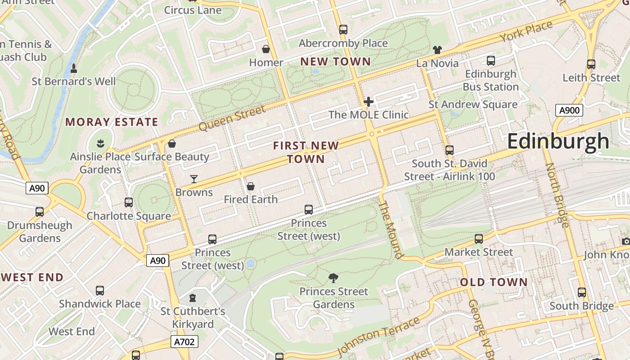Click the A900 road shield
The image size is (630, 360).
tap(569, 110)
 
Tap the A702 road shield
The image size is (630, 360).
tap(184, 342)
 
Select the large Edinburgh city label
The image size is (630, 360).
tap(558, 141)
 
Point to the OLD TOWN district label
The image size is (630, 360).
tap(494, 283)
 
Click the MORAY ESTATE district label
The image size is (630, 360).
tap(112, 122)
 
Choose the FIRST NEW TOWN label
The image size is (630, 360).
tap(306, 152)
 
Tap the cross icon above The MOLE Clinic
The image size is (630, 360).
tap(369, 102)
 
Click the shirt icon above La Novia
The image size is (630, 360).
tap(437, 50)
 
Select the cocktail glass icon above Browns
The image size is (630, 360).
tap(194, 179)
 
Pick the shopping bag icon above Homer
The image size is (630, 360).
tap(266, 49)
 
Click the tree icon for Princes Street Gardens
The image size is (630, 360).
tap(333, 278)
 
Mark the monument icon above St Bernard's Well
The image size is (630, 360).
tap(74, 69)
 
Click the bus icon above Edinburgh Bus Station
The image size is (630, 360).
tap(490, 61)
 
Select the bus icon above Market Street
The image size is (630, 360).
tap(479, 239)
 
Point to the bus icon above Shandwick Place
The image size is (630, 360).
tap(100, 291)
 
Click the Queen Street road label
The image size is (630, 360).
tap(232, 118)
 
